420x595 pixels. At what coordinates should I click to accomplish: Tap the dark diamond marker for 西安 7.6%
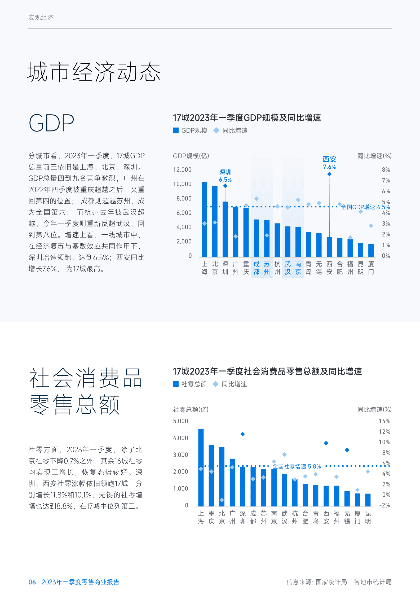tap(329, 174)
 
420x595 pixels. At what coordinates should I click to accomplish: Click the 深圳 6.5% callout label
tap(225, 176)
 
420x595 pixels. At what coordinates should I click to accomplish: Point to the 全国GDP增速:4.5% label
tap(365, 207)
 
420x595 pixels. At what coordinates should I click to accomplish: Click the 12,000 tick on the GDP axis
tap(182, 170)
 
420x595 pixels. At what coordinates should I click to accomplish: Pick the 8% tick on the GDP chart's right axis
tap(386, 170)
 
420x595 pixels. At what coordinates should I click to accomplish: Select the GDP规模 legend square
tap(175, 130)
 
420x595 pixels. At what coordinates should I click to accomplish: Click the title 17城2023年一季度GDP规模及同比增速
tap(247, 118)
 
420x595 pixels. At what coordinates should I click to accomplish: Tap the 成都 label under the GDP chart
tap(257, 268)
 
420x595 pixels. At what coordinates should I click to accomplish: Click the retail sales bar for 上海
tap(201, 468)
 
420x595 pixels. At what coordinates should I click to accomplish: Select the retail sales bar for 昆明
tap(368, 500)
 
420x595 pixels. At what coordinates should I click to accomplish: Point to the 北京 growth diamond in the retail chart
tap(222, 500)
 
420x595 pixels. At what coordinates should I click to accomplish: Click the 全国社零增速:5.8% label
tap(297, 466)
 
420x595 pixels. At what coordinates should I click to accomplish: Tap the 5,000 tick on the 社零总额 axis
tap(180, 421)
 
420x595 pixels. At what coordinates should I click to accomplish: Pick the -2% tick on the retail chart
tap(384, 505)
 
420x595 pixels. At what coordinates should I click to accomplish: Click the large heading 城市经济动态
tap(94, 72)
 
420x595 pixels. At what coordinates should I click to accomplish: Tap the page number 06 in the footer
tap(32, 582)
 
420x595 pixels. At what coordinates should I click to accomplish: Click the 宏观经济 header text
tap(41, 17)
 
